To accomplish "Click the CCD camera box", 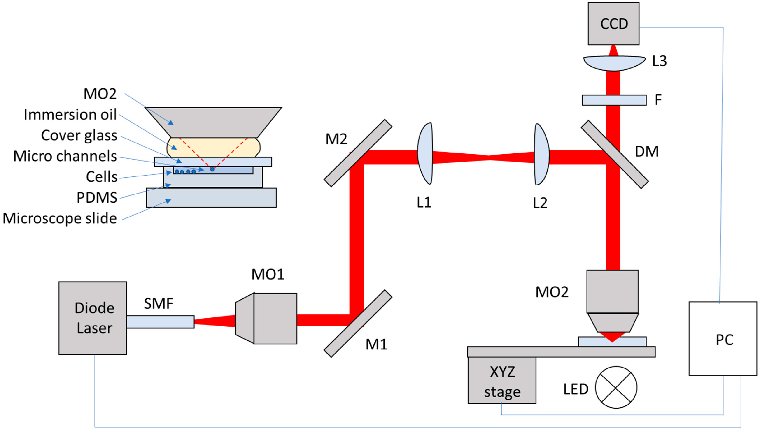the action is tap(613, 24).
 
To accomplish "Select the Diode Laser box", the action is tap(93, 318).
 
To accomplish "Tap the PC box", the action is tap(723, 338).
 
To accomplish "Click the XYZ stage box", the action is tap(502, 380).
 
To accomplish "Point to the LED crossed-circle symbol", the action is tap(616, 387).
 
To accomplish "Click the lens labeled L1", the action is tap(425, 153).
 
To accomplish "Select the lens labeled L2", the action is tap(541, 154).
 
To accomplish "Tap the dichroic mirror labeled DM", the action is tap(615, 154).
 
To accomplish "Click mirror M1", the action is tap(358, 323).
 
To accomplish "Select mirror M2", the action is tap(358, 153).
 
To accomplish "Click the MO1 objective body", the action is tap(266, 318).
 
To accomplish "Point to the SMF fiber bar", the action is tap(161, 322).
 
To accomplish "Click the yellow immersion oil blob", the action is tap(213, 147).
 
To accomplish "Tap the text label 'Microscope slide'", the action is tap(60, 218).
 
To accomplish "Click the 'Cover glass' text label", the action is tap(79, 136).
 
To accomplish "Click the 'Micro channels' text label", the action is tap(65, 156).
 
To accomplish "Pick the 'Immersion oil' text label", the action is tap(70, 114).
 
